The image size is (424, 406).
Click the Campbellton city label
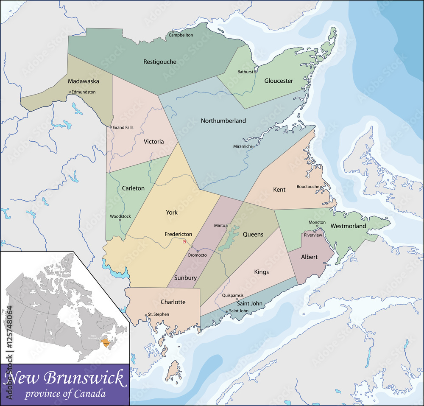click(181, 35)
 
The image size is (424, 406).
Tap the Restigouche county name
click(160, 62)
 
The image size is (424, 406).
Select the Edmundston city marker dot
click(70, 92)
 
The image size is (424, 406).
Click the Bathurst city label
click(245, 72)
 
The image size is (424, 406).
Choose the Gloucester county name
click(279, 81)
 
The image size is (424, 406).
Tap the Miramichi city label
click(243, 146)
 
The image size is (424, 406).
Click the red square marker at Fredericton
click(184, 242)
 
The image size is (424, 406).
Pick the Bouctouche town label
click(308, 187)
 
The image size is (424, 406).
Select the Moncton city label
click(317, 222)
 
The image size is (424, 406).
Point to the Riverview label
click(313, 235)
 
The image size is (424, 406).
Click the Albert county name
click(309, 257)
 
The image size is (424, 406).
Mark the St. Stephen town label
click(159, 314)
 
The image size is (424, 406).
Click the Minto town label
click(220, 226)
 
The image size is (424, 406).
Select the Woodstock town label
click(120, 216)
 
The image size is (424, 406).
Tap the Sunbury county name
click(185, 278)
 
